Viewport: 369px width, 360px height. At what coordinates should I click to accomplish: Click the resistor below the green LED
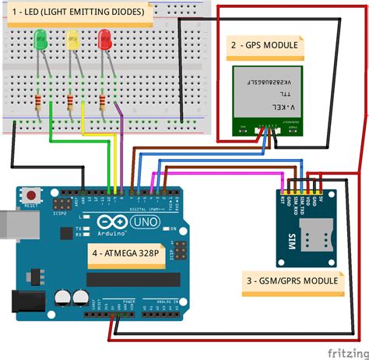38,101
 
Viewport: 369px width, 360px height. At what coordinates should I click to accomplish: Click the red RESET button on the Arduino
31,194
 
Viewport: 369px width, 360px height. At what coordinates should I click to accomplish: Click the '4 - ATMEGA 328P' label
125,253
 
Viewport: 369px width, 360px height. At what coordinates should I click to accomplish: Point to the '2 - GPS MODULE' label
265,45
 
